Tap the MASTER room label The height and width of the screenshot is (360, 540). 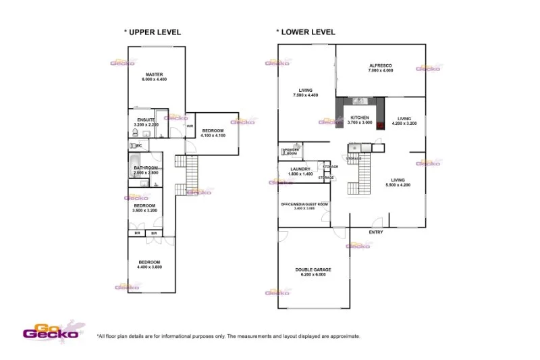coord(154,74)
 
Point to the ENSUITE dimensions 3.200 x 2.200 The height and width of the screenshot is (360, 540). coord(146,125)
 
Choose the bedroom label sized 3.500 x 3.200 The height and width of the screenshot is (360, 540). coord(144,205)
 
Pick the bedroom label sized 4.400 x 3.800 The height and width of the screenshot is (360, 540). coord(149,262)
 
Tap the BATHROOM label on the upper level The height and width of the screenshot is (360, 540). coord(146,168)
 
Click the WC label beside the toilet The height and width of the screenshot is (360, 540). coord(138,145)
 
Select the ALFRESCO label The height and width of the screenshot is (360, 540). coord(381,66)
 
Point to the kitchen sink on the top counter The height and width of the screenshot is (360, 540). coord(358,102)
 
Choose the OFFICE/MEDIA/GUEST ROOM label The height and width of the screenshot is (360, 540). coord(304,203)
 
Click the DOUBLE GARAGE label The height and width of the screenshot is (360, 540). coord(313,269)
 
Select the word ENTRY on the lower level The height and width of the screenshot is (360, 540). coord(376,232)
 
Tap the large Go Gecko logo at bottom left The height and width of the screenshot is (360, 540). coord(51,330)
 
